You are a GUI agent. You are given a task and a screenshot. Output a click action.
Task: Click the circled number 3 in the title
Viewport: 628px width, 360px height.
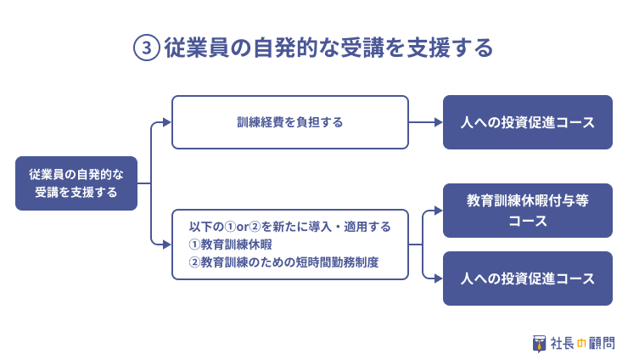pos(147,48)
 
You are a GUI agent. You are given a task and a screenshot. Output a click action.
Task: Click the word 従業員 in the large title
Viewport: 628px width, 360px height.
pos(197,48)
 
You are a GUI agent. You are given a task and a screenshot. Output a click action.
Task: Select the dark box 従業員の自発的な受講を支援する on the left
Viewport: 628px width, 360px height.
pos(76,183)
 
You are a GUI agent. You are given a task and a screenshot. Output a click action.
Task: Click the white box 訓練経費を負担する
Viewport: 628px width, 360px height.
pos(290,122)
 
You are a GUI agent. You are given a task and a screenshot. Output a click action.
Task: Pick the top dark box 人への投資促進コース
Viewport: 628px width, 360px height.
pos(528,122)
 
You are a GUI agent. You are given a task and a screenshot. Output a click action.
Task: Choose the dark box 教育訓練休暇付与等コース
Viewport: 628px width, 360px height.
pos(528,211)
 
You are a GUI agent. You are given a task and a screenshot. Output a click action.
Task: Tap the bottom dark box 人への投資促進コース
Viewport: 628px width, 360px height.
pos(528,278)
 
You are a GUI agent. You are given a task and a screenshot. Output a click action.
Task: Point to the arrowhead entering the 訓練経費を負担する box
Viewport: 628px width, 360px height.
pos(167,122)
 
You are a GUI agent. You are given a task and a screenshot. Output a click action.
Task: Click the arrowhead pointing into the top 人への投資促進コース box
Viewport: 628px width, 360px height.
pos(439,122)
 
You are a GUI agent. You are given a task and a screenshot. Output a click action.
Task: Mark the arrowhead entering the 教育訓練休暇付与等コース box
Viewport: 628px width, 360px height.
pos(439,211)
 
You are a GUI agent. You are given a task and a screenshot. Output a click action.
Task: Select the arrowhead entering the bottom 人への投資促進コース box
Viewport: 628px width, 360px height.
pos(439,278)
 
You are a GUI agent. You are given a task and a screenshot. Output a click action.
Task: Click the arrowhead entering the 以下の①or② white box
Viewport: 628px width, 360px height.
pos(167,245)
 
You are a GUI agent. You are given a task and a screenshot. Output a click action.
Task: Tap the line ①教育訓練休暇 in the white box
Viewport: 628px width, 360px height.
pos(230,245)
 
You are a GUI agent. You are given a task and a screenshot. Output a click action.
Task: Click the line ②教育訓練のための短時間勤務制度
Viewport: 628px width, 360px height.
pos(283,262)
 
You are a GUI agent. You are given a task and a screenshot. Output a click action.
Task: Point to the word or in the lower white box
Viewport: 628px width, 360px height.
pos(243,228)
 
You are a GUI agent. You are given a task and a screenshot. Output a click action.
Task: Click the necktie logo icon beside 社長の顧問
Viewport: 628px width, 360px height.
pos(539,344)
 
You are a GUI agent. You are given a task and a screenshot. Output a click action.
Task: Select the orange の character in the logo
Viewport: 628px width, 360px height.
pos(581,344)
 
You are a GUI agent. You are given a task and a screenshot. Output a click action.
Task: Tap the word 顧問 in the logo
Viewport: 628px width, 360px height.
pos(601,344)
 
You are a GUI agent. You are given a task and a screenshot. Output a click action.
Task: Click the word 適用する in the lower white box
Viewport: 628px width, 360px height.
pos(367,227)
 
